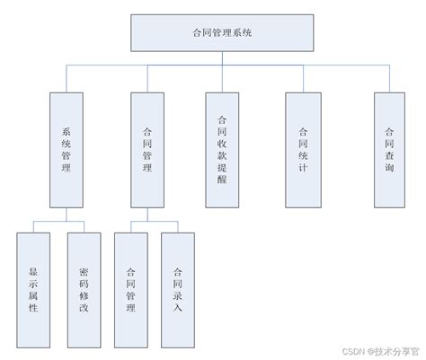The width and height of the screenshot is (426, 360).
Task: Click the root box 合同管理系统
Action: click(x=222, y=33)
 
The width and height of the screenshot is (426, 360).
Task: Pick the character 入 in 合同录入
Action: click(x=177, y=308)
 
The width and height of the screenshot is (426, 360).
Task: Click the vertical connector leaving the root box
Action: click(x=222, y=59)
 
